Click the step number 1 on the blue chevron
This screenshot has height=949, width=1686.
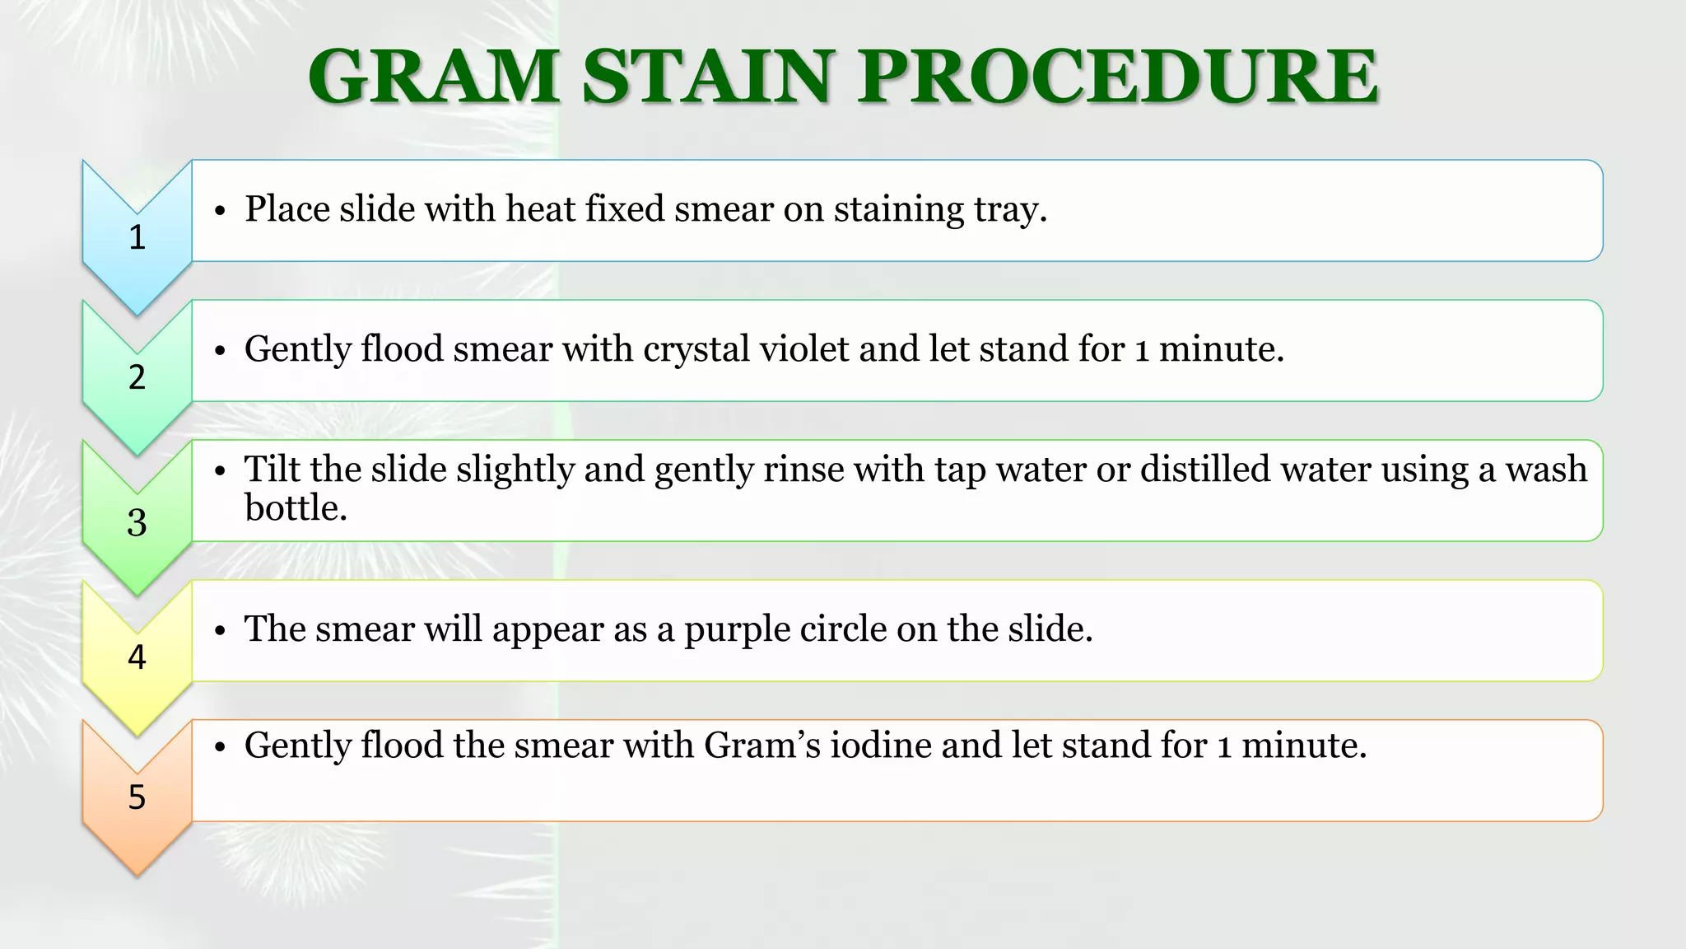tap(137, 237)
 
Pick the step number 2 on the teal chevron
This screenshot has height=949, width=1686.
tap(137, 377)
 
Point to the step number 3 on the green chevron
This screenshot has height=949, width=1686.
tap(137, 522)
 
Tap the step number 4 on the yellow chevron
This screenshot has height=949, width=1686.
tap(137, 657)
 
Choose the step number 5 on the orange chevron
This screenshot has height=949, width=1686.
tap(137, 797)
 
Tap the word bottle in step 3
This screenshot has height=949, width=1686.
tap(295, 508)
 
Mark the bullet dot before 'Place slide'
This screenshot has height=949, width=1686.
tap(219, 212)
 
